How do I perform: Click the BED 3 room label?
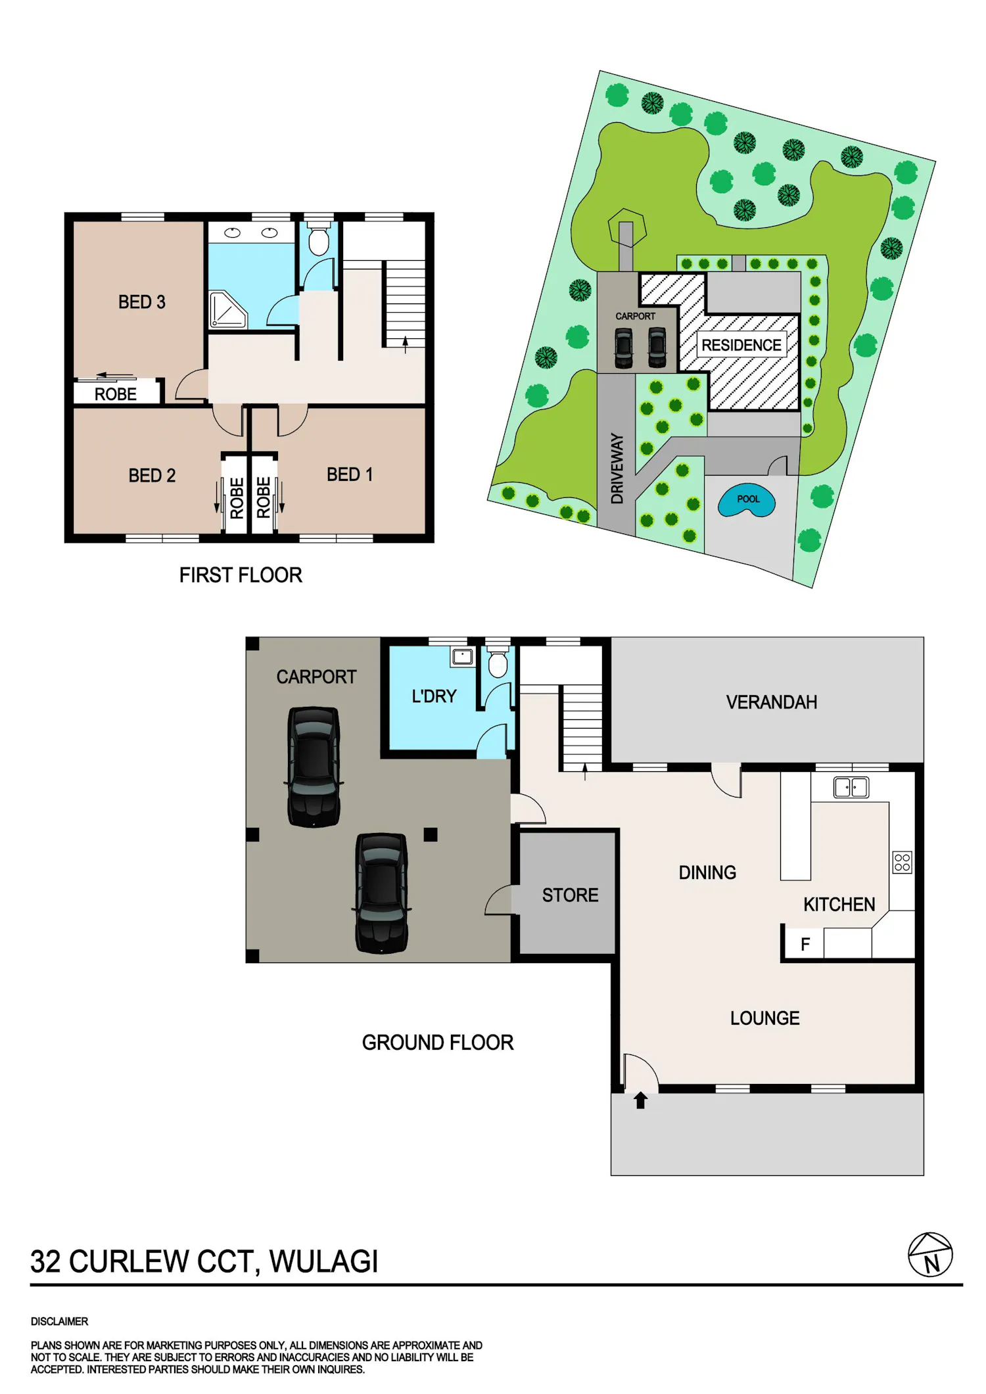pos(141,302)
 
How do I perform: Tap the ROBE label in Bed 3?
pos(116,394)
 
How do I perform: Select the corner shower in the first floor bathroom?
pos(227,309)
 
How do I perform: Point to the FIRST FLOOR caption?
pos(241,575)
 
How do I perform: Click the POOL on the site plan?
pos(747,501)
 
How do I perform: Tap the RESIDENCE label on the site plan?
pos(741,345)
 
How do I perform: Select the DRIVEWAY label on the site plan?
pos(617,468)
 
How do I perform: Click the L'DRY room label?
pos(434,696)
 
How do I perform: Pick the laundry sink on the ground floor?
pos(463,657)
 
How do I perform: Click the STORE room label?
pos(570,895)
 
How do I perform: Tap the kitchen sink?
pos(851,787)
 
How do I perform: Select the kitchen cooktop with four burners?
pos(903,863)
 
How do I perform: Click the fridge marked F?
pos(805,944)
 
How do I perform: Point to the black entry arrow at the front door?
pos(641,1100)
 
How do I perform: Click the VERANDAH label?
pos(772,702)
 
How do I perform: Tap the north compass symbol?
pos(930,1255)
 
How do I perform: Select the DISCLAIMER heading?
pos(59,1321)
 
